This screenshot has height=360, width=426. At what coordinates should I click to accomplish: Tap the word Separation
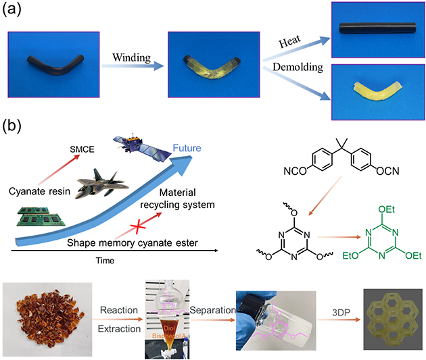(x=214, y=312)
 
